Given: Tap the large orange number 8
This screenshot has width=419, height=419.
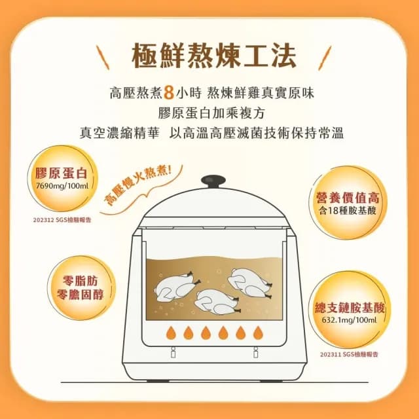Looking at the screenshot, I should coord(168,91).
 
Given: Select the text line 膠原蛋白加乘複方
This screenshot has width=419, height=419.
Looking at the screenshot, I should coord(210,112).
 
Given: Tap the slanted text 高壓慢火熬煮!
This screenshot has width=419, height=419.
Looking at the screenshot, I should coord(140,186).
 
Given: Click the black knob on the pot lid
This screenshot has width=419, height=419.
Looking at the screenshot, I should coord(211,180).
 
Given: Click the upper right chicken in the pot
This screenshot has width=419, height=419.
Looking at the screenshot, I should coord(250,279).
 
